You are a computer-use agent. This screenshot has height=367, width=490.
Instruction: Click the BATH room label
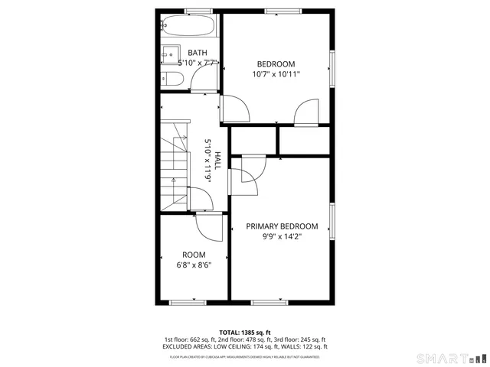click(187, 53)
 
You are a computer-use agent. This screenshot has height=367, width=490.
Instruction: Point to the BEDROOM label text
click(276, 64)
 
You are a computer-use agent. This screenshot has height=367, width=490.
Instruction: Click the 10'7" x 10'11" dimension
click(276, 75)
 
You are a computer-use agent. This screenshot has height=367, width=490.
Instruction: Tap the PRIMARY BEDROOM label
click(282, 226)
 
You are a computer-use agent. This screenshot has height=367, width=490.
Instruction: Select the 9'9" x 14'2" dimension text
click(282, 237)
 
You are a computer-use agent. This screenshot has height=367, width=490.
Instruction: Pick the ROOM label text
click(194, 255)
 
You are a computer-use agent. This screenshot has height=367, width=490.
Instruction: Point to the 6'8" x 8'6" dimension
click(194, 265)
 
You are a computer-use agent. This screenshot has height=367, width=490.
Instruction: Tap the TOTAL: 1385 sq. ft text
click(244, 332)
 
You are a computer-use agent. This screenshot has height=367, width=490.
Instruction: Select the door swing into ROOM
click(207, 226)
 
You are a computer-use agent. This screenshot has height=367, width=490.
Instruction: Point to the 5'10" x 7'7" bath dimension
click(188, 63)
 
